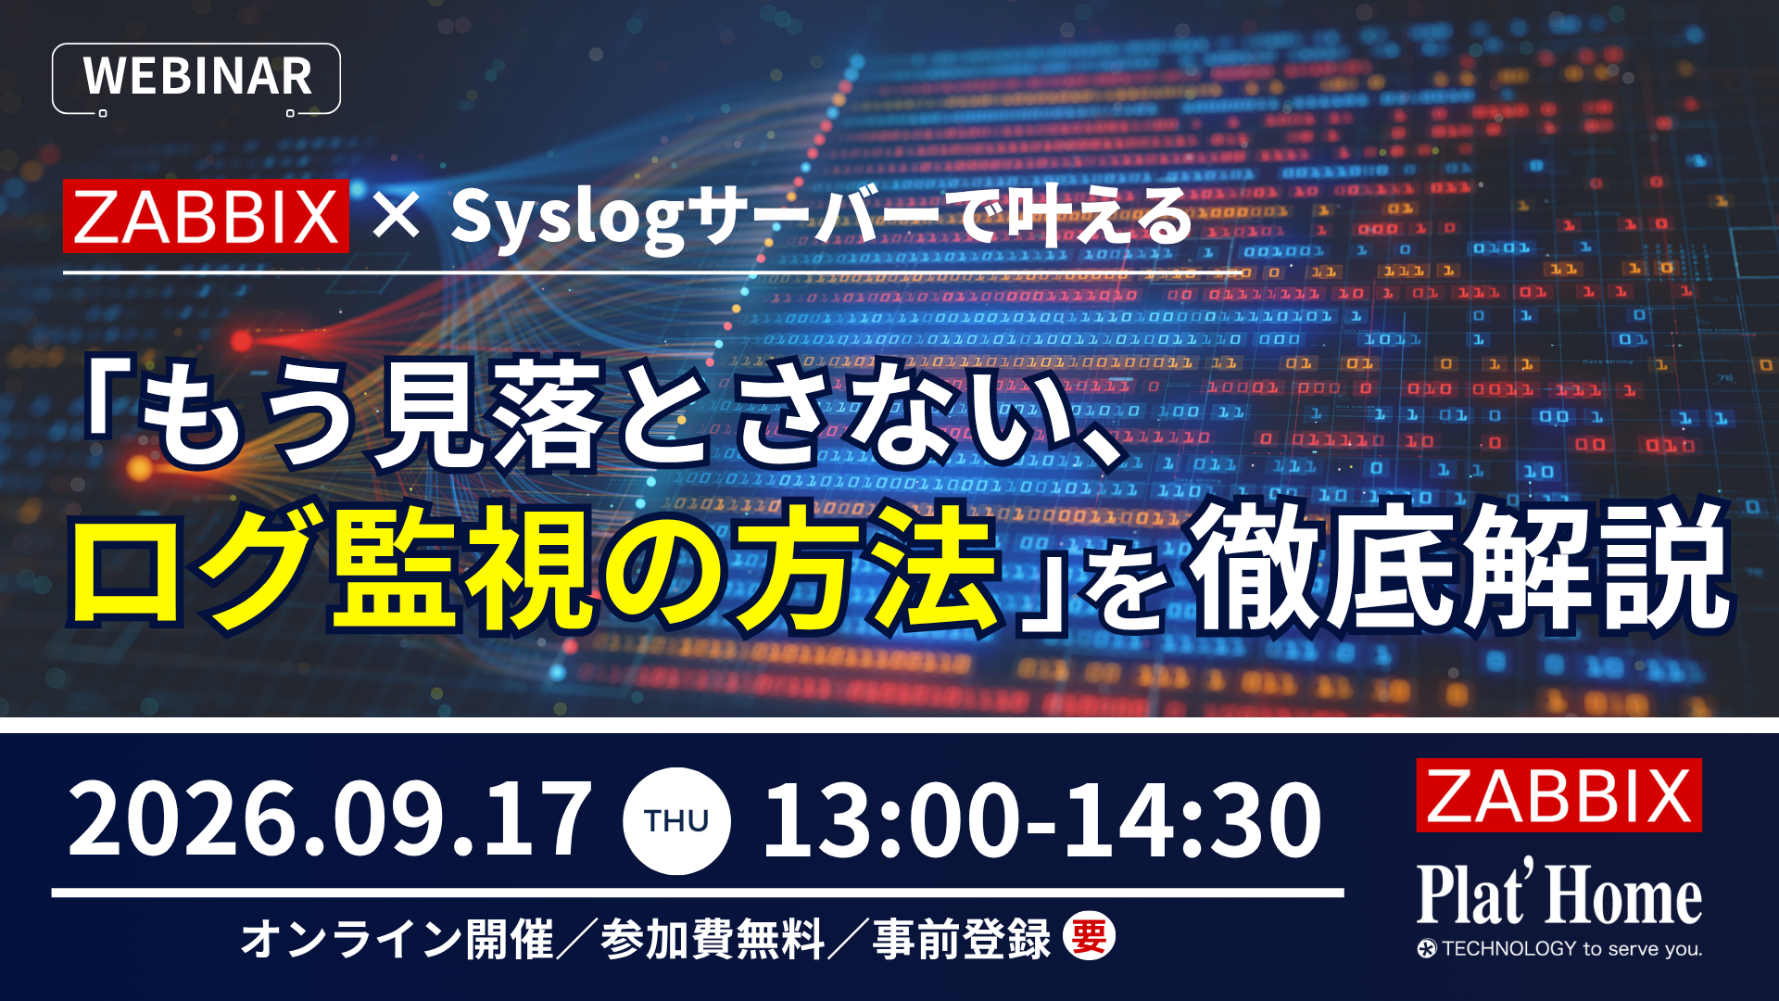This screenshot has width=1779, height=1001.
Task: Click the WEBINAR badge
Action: coord(196,78)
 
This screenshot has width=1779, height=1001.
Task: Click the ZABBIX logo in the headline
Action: coord(206,216)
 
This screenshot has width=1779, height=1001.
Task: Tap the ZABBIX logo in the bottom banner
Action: coord(1558,795)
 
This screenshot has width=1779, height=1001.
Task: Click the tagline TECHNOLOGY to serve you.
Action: coord(1559,948)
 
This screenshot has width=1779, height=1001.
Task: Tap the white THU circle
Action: coord(676,820)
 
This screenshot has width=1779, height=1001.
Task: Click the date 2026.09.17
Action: coord(329,819)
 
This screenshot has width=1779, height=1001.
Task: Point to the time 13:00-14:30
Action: coord(1041,819)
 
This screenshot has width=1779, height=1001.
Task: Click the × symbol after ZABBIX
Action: coord(396,218)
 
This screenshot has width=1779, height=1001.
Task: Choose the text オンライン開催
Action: coord(397,938)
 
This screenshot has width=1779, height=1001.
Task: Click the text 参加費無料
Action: coord(713,938)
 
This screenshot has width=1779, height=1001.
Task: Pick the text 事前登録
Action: coord(962,938)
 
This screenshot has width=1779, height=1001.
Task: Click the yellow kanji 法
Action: coord(936,566)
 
